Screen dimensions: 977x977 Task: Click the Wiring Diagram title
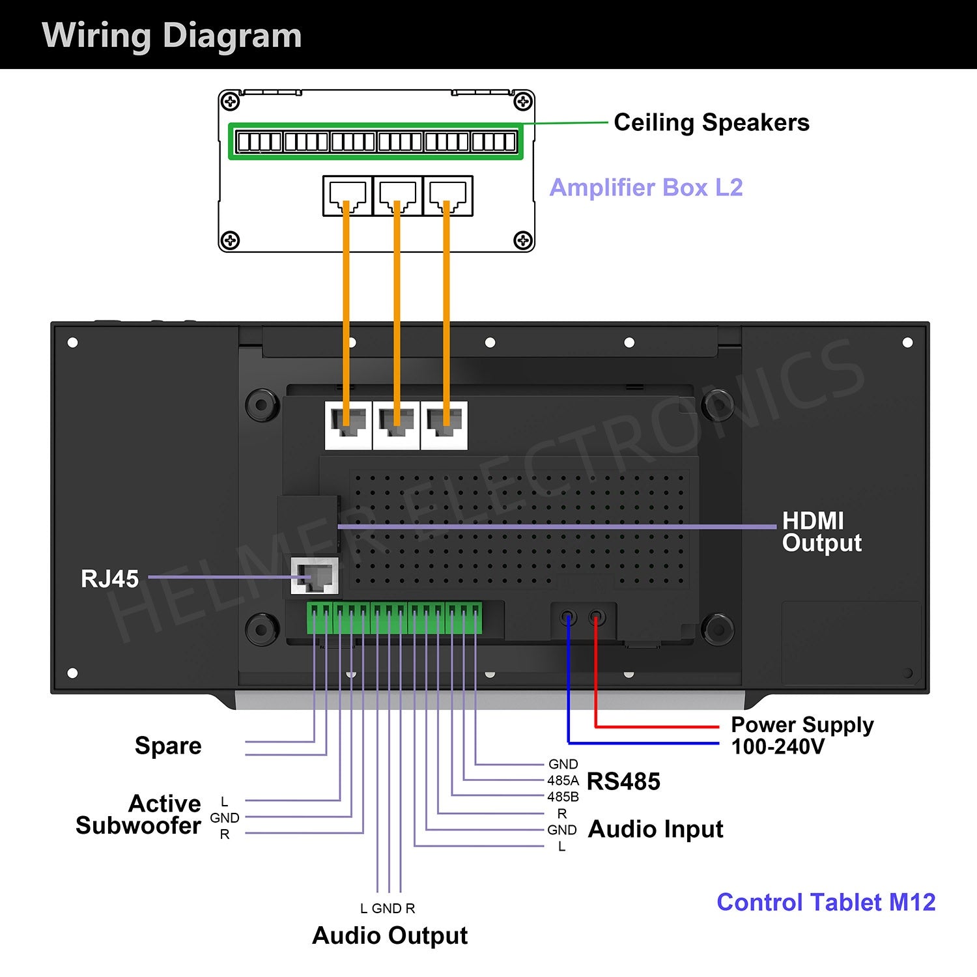(172, 35)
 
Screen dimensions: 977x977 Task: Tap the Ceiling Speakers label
(711, 122)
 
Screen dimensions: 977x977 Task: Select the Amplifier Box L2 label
(646, 188)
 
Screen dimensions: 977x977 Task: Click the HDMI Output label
(821, 531)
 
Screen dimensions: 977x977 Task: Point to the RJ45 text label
(109, 578)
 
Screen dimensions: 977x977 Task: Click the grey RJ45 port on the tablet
(315, 576)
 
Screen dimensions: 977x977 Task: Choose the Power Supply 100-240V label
(802, 735)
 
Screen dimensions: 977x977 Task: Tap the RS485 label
(623, 781)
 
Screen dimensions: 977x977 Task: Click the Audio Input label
(655, 829)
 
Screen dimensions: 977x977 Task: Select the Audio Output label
(389, 935)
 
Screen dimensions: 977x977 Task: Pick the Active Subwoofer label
(138, 814)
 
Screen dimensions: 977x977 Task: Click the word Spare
(168, 746)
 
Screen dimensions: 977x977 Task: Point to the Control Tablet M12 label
(826, 902)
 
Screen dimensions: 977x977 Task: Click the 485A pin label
(563, 780)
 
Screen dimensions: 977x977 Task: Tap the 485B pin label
(563, 797)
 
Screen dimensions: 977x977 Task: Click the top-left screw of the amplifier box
(230, 102)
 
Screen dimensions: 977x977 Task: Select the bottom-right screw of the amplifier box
(523, 240)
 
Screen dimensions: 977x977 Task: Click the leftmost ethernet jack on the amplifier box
(347, 195)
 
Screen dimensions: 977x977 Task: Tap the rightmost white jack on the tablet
(444, 425)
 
